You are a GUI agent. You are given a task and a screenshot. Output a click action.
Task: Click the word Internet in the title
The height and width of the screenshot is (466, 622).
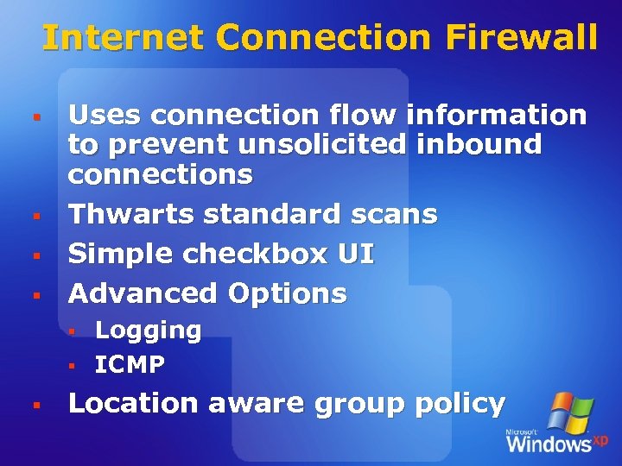pyautogui.click(x=123, y=37)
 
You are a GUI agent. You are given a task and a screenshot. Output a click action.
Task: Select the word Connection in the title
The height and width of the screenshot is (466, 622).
pyautogui.click(x=323, y=37)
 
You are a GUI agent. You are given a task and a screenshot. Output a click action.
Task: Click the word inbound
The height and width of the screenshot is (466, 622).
pyautogui.click(x=479, y=144)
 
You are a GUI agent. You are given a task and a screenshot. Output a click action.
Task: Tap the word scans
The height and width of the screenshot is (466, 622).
pyautogui.click(x=393, y=213)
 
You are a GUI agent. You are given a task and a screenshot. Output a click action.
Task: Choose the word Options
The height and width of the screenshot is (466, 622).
pyautogui.click(x=287, y=293)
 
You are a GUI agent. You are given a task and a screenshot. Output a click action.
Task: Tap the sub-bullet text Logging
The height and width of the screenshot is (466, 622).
pyautogui.click(x=148, y=331)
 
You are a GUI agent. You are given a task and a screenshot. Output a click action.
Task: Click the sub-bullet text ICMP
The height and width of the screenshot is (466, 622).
pyautogui.click(x=130, y=365)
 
